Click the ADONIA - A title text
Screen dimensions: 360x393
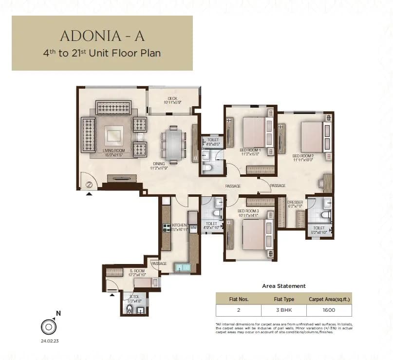tap(102, 36)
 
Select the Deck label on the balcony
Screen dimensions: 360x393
tap(172, 100)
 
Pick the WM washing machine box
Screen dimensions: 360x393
tap(193, 227)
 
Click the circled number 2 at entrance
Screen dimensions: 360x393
tap(90, 185)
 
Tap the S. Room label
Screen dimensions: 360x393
tap(137, 271)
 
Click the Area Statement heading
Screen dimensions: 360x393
tap(284, 286)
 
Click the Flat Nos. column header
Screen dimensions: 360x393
tap(239, 299)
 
